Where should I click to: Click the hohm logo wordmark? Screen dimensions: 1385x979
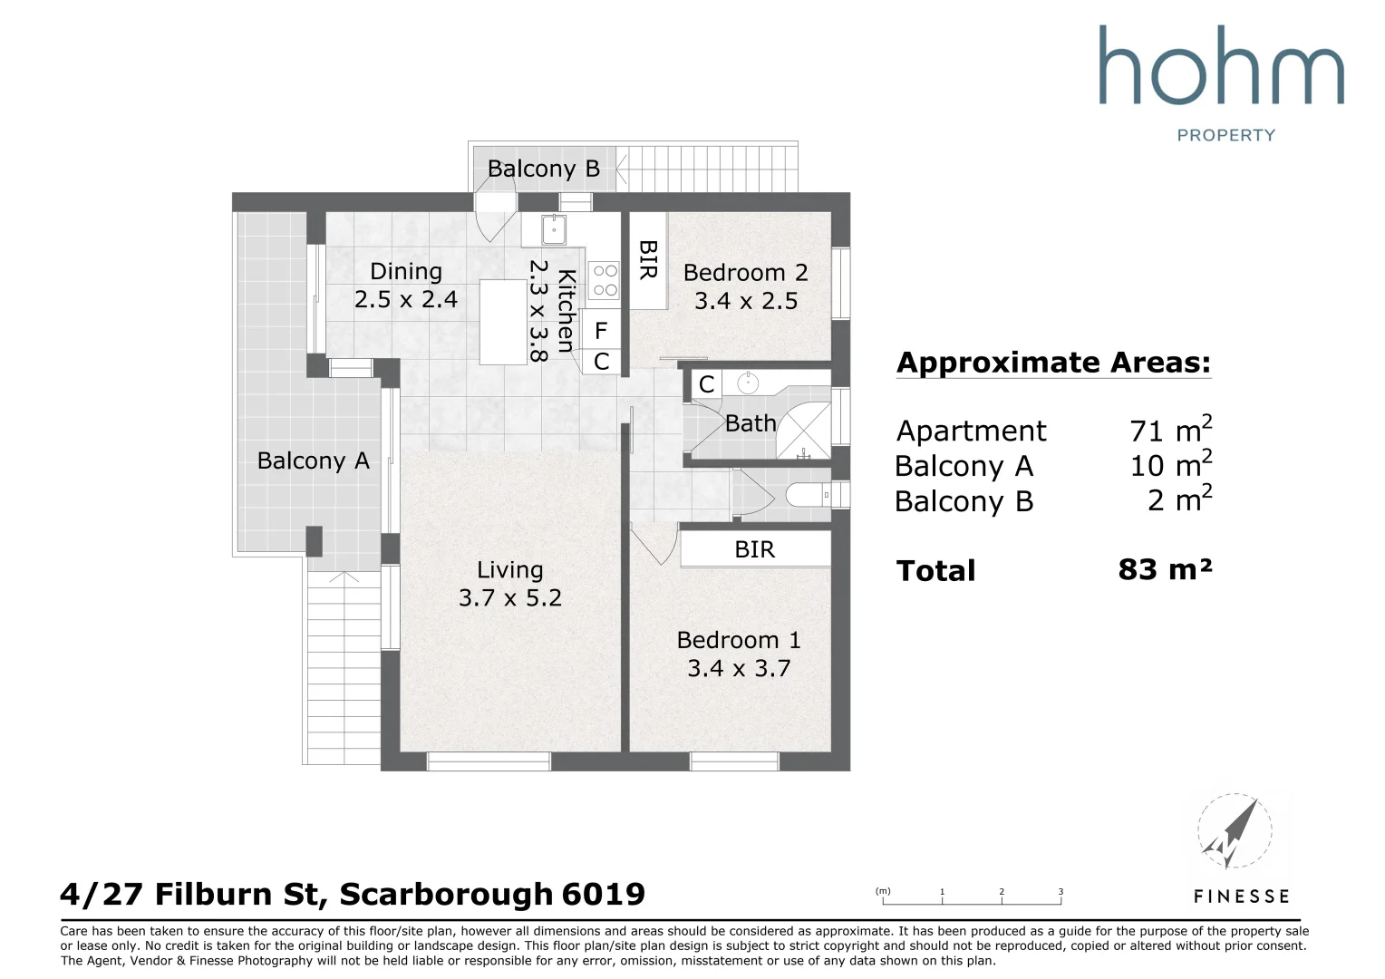[1222, 64]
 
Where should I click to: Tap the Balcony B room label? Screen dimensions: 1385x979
[544, 169]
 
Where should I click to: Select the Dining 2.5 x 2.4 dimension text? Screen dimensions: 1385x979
[405, 299]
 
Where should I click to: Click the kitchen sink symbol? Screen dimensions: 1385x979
[554, 229]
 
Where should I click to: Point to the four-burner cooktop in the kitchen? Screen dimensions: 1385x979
[605, 280]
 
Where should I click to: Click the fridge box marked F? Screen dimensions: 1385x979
[600, 331]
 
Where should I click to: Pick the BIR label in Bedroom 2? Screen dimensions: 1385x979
[647, 260]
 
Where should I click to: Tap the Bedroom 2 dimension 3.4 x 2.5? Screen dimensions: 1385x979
[746, 301]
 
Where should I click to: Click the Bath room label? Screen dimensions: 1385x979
[750, 423]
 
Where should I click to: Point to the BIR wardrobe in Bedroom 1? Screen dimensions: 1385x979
[756, 549]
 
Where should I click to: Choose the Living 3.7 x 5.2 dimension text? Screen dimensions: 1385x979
[510, 598]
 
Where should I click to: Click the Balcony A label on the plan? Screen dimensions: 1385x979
[313, 460]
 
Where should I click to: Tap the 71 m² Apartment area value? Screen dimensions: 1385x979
[1170, 429]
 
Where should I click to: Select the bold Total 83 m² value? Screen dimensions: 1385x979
[1165, 569]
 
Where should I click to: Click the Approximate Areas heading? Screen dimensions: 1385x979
[1053, 363]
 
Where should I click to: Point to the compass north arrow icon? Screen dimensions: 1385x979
[1235, 831]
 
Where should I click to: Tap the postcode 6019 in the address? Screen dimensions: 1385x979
[604, 895]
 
